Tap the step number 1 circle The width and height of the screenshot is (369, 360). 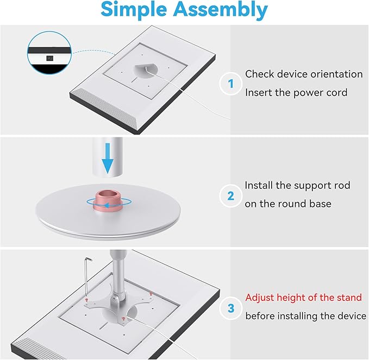coord(230,84)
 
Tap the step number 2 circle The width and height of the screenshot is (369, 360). coord(230,195)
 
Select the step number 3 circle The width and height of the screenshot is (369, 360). coord(230,308)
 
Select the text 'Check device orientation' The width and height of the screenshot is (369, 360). coord(304,74)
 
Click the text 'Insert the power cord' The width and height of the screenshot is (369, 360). coord(296,92)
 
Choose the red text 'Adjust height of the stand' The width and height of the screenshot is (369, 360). coord(303,298)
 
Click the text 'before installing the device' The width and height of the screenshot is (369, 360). coord(305,315)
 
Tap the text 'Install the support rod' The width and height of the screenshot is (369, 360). coord(297,185)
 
